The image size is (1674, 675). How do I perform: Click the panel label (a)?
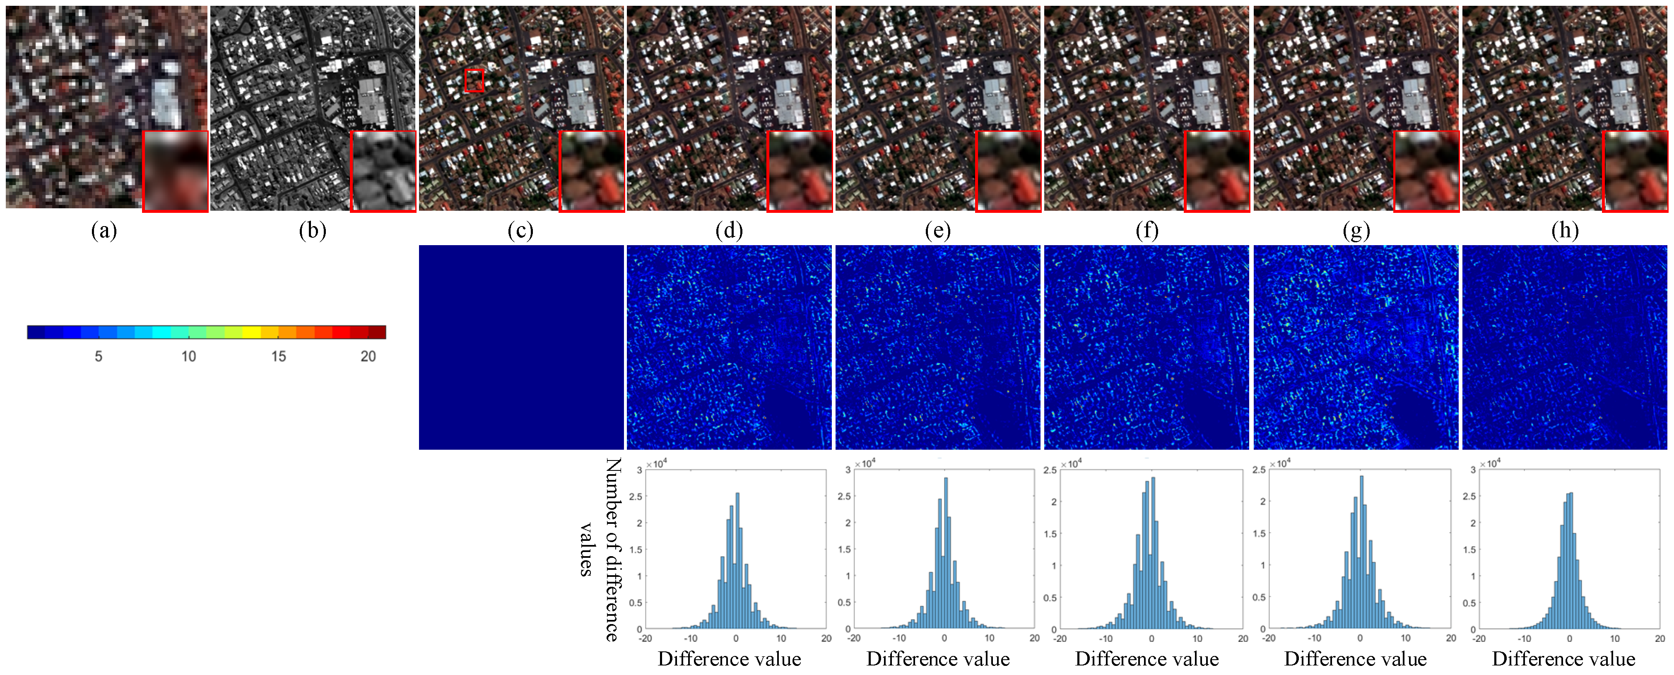tap(104, 231)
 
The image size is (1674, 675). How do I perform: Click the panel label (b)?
tap(313, 231)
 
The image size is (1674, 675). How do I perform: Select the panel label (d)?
tap(729, 231)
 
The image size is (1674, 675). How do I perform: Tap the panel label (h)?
tap(1565, 231)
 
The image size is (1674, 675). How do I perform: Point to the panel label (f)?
tap(1147, 231)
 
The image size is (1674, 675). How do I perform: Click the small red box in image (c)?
tap(475, 81)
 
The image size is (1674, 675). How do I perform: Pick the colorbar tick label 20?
tap(368, 356)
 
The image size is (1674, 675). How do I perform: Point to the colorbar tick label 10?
tap(188, 356)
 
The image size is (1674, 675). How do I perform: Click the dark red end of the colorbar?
tap(378, 333)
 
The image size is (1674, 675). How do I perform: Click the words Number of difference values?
tap(601, 550)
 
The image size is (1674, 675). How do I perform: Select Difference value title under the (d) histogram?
tap(729, 659)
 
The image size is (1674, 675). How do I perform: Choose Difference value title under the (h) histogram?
tap(1563, 659)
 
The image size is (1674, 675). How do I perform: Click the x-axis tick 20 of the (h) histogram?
tap(1660, 639)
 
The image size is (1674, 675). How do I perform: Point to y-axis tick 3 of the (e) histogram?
tap(848, 469)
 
